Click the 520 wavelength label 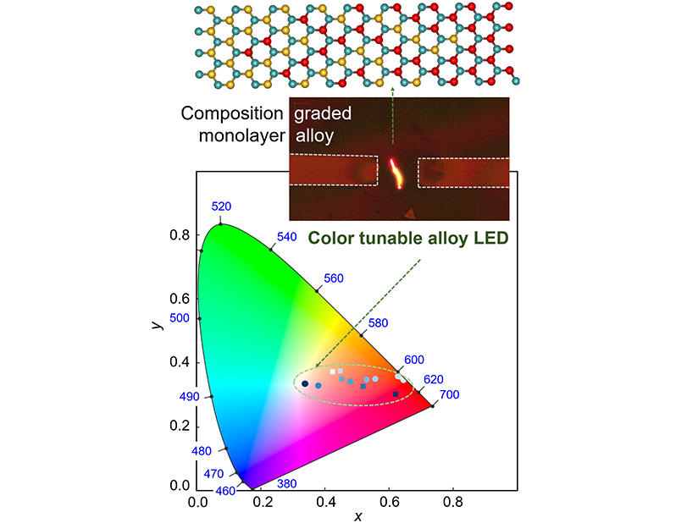click(221, 206)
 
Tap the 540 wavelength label click(286, 237)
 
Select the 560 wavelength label click(334, 278)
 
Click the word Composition click(231, 113)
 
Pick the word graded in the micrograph click(322, 113)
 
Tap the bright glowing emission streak click(396, 173)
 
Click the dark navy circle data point click(305, 383)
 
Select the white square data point click(332, 372)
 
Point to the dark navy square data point click(396, 394)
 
